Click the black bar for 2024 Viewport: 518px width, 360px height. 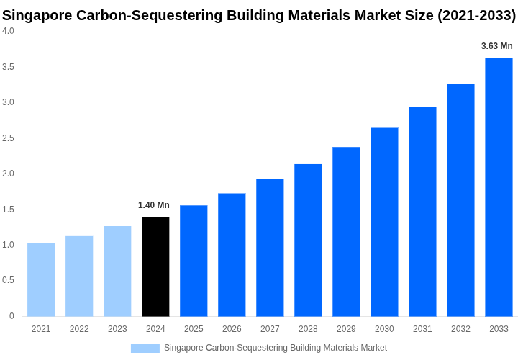tap(155, 266)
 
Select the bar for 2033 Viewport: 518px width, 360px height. tap(499, 187)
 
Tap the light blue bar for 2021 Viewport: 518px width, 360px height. tap(41, 279)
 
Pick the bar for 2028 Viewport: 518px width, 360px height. tap(308, 240)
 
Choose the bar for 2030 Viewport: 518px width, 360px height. tap(384, 222)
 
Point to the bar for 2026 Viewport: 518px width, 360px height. tap(232, 254)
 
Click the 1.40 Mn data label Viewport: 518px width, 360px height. tap(154, 205)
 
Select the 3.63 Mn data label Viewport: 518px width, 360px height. tap(497, 46)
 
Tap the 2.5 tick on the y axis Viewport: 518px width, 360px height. tap(8, 138)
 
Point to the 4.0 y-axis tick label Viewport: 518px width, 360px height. tap(8, 31)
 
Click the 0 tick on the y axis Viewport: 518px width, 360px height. tap(12, 316)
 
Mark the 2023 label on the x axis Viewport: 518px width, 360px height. tap(117, 329)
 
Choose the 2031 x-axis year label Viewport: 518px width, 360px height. tap(422, 329)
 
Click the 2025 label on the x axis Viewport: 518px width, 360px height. tap(194, 329)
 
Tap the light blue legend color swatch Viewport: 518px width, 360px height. tap(145, 348)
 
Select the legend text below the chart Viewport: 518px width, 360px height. tap(276, 348)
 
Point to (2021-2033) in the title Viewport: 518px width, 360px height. tap(476, 15)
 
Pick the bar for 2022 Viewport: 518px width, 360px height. tap(79, 276)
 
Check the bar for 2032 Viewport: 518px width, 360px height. tap(460, 199)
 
